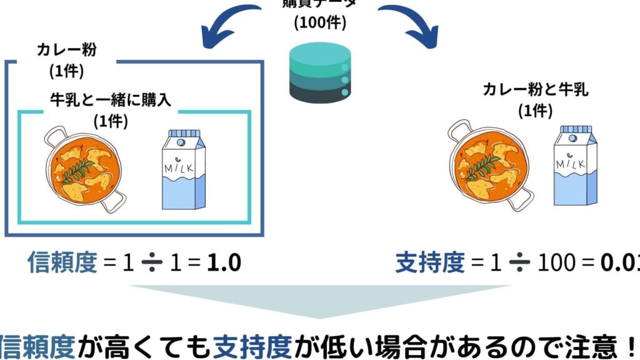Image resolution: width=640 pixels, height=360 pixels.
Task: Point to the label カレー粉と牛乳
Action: pyautogui.click(x=535, y=89)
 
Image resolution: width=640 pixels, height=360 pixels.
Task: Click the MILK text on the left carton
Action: pyautogui.click(x=181, y=169)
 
